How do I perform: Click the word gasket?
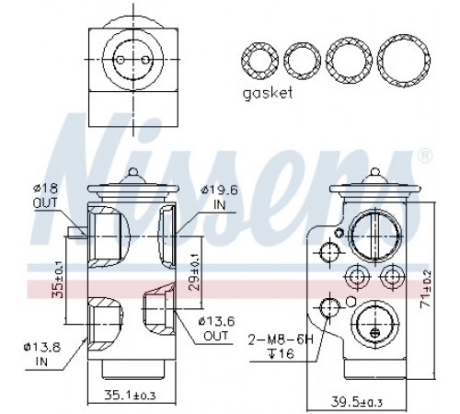tap(268, 93)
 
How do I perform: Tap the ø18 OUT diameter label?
tap(45, 195)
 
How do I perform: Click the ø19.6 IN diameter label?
tap(219, 197)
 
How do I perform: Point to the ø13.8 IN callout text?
tap(42, 355)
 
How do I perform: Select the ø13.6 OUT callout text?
tap(216, 328)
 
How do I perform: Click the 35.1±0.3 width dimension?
tap(130, 395)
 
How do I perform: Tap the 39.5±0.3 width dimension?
tap(357, 402)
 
